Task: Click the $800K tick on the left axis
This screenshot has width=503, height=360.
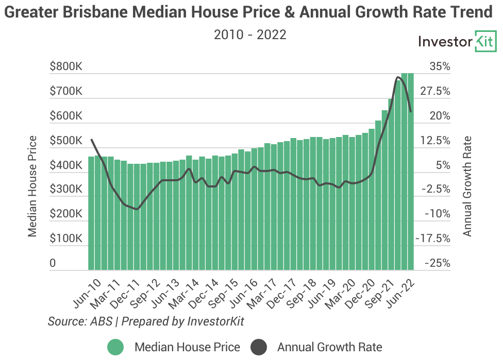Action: (x=66, y=66)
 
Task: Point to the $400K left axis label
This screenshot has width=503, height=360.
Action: (x=66, y=165)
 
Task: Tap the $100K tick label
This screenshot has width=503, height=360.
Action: (x=66, y=239)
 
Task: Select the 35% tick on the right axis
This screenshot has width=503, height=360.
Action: (x=440, y=66)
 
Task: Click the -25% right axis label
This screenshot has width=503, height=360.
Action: (x=437, y=264)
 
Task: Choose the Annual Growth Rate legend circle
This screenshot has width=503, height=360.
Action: (x=260, y=347)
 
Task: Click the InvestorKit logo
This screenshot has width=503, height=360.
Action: (x=457, y=42)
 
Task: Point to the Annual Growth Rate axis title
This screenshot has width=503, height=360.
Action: (x=467, y=185)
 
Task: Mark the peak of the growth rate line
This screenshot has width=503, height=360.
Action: (x=398, y=78)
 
